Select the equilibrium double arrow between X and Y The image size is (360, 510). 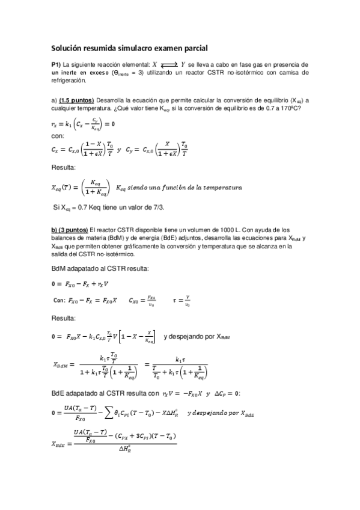pos(169,64)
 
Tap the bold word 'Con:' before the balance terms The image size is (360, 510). pos(59,299)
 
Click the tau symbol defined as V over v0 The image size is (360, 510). pos(175,299)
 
